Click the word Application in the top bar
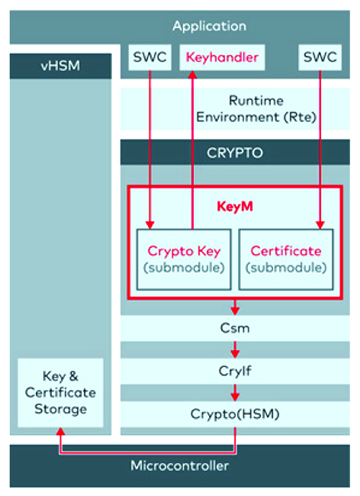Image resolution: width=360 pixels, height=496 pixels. pyautogui.click(x=209, y=26)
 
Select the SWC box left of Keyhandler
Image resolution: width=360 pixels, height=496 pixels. pyautogui.click(x=149, y=57)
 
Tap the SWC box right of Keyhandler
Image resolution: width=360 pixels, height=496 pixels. pyautogui.click(x=320, y=57)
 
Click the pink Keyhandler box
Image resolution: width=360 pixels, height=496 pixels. pyautogui.click(x=222, y=57)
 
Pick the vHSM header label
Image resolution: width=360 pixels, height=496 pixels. pyautogui.click(x=60, y=66)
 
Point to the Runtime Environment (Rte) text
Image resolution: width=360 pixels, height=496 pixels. pyautogui.click(x=256, y=109)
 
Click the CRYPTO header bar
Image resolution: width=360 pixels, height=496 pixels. pyautogui.click(x=235, y=152)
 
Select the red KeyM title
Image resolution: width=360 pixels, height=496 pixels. pyautogui.click(x=235, y=207)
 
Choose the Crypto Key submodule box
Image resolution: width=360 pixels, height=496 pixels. pyautogui.click(x=184, y=259)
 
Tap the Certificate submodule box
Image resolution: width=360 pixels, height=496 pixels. pyautogui.click(x=286, y=259)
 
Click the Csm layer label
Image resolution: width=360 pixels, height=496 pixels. pyautogui.click(x=235, y=328)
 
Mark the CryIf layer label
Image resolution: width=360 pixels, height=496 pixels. pyautogui.click(x=235, y=371)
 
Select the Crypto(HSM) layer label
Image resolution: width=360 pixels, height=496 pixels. pyautogui.click(x=235, y=414)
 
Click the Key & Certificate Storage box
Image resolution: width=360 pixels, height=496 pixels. pyautogui.click(x=61, y=392)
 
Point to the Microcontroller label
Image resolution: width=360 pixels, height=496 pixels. pyautogui.click(x=179, y=465)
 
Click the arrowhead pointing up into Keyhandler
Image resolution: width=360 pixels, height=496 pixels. pyautogui.click(x=192, y=75)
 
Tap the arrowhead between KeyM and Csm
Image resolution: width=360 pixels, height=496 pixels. pyautogui.click(x=235, y=311)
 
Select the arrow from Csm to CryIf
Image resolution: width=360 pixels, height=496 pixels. pyautogui.click(x=235, y=349)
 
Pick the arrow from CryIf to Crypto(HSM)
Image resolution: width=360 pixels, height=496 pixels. pyautogui.click(x=235, y=392)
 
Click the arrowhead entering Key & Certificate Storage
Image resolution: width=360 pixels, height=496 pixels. pyautogui.click(x=60, y=431)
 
